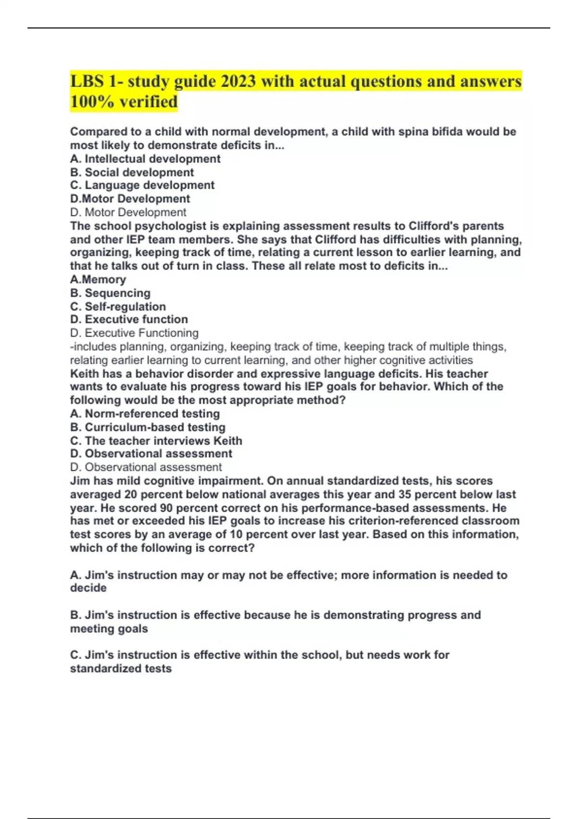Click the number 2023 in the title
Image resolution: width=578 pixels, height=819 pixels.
238,81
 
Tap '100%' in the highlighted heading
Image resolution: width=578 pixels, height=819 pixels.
91,102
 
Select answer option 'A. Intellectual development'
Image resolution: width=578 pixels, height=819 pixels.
145,159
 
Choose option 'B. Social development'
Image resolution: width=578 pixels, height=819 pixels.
132,172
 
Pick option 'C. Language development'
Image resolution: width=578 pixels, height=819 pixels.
142,185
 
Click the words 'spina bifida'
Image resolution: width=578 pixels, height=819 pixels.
430,132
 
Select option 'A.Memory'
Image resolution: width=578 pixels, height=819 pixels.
98,279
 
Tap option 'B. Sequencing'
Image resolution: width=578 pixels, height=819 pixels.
110,293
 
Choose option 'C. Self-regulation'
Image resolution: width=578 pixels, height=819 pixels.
118,306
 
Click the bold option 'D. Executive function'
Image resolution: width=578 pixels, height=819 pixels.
129,319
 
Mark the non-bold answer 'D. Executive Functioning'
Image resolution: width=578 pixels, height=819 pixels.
134,333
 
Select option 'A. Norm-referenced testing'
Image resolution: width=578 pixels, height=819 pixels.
145,414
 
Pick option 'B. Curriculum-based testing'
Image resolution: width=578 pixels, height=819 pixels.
148,427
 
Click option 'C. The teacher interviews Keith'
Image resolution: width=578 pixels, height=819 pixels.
156,441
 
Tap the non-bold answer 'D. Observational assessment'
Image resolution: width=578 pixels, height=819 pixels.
146,467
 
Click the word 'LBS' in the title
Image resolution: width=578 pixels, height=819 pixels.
87,81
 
